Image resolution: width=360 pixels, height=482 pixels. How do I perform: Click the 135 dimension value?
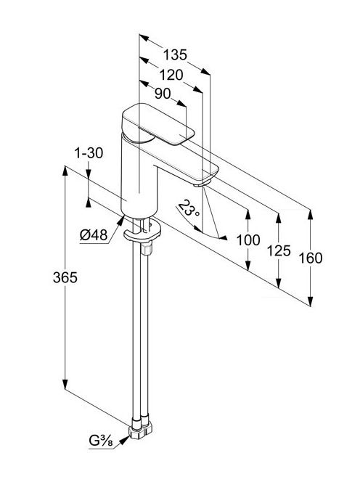[175, 54]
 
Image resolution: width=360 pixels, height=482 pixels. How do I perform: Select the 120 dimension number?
[171, 75]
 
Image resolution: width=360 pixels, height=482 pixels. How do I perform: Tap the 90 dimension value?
[163, 94]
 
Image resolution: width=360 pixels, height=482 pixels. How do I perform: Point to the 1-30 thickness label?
[89, 152]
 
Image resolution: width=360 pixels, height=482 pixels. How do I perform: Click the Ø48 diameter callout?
[94, 235]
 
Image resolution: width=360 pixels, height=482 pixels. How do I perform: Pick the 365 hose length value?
[65, 277]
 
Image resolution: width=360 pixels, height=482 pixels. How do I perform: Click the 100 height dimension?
[248, 240]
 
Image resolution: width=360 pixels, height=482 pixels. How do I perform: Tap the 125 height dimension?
[279, 250]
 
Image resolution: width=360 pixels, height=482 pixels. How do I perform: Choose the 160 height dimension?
[311, 258]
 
